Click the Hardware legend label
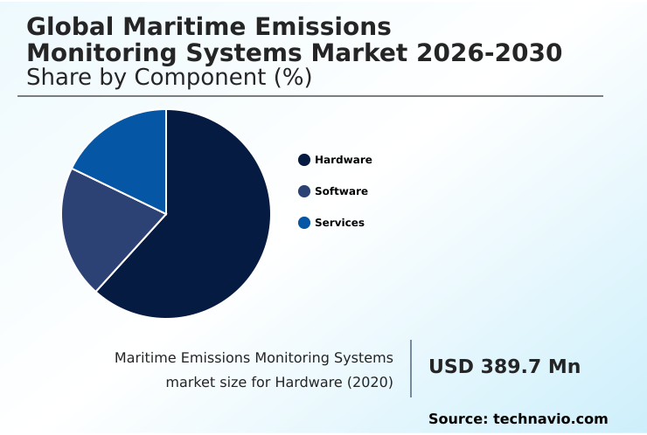(343, 160)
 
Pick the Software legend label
(341, 191)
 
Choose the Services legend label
(339, 223)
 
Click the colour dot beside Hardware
(304, 160)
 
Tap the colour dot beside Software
(304, 191)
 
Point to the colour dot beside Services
(304, 223)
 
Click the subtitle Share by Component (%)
(170, 78)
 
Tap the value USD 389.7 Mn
(504, 367)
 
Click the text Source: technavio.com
(518, 419)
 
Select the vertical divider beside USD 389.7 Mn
(411, 369)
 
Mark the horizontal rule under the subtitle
(310, 96)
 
